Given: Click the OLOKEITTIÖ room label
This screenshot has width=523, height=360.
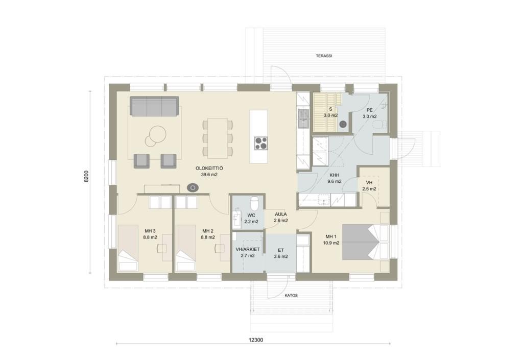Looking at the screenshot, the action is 209,169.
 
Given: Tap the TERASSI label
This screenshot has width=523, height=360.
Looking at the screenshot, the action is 324,56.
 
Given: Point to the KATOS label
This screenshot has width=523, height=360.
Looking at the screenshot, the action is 291,296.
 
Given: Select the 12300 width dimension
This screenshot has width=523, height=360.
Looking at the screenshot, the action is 256,340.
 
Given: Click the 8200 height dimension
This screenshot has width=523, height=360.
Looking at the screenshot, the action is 86,176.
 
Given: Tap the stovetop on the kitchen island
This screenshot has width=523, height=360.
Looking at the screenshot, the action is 261,143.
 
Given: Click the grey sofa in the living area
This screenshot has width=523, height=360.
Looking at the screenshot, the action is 154,106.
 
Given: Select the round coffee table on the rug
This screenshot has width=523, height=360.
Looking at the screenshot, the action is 155,135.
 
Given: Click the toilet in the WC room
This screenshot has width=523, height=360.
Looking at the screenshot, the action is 254,203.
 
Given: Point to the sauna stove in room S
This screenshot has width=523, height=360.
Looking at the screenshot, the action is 343,124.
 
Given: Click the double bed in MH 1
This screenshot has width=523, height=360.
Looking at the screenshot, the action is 366,242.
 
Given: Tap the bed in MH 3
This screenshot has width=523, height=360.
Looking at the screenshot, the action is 128,247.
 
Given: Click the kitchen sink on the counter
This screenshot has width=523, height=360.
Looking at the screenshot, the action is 303,119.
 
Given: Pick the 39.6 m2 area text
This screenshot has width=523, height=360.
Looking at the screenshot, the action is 209,174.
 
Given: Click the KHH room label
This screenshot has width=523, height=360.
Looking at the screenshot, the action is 335,175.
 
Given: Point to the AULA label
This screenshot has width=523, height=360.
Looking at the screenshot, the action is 281,214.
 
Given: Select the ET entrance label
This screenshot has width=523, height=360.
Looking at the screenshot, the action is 281,250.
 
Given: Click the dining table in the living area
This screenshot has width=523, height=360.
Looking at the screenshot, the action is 218,138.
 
